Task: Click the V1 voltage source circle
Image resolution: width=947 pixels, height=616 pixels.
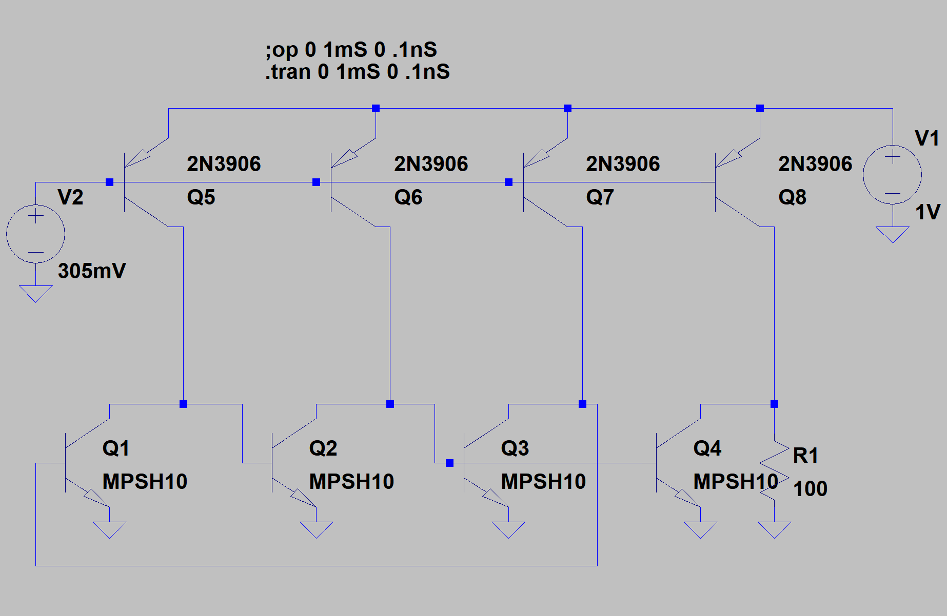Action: click(892, 175)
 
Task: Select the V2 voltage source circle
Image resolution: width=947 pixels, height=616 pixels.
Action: click(35, 234)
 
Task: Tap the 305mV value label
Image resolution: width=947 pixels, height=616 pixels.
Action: click(92, 271)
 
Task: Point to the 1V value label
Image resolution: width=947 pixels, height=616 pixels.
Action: click(928, 212)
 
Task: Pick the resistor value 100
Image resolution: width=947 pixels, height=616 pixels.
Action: click(810, 489)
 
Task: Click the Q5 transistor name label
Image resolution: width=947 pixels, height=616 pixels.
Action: click(201, 197)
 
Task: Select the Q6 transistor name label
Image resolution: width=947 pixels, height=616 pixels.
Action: click(408, 197)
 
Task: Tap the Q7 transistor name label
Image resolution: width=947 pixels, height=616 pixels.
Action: click(600, 197)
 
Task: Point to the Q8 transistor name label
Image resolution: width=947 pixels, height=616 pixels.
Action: click(792, 197)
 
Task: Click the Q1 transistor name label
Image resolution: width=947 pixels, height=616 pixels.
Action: click(116, 448)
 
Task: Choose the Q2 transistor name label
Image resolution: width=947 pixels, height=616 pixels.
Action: click(323, 448)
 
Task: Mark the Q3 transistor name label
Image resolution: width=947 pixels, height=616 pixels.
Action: click(515, 448)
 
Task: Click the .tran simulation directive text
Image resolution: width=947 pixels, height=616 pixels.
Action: click(357, 72)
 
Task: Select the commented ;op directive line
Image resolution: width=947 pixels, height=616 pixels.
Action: click(351, 50)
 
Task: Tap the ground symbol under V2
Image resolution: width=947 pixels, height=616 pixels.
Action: click(35, 294)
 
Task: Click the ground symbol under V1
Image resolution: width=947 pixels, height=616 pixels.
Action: click(892, 235)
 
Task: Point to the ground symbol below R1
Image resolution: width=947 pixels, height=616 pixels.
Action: click(774, 529)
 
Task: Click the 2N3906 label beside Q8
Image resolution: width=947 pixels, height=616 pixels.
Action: click(815, 164)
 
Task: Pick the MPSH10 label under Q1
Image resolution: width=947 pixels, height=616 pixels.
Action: click(145, 482)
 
